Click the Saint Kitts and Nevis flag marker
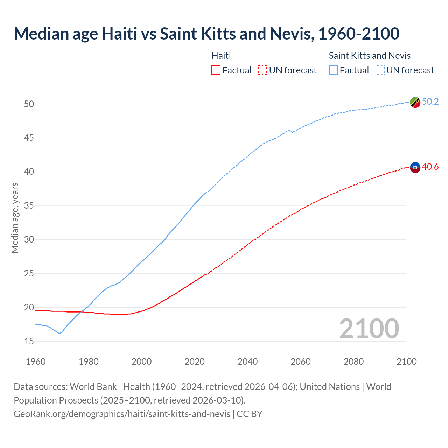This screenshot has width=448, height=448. [415, 102]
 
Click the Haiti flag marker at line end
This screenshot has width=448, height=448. [415, 168]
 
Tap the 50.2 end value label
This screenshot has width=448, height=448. [430, 102]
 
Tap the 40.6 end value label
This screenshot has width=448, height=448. [430, 167]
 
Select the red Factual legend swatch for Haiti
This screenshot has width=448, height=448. [216, 70]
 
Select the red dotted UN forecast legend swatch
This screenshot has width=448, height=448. [262, 70]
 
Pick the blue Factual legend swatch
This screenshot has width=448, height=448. [334, 70]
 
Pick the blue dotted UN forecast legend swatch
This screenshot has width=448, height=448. [380, 70]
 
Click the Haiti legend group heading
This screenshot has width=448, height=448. [221, 56]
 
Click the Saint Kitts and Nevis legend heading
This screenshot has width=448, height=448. [370, 56]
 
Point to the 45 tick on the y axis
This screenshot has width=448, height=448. [29, 138]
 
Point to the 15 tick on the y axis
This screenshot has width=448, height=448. [29, 341]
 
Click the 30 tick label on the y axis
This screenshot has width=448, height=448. [29, 240]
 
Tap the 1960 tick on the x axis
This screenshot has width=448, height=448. [36, 362]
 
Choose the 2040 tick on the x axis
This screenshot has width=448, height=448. [247, 362]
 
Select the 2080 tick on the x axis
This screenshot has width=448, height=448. [353, 362]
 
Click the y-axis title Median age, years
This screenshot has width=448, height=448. [15, 218]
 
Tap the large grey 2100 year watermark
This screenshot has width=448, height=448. [369, 329]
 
